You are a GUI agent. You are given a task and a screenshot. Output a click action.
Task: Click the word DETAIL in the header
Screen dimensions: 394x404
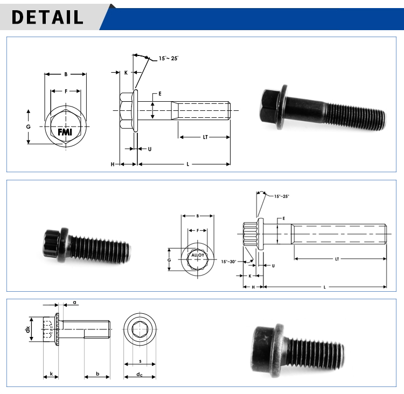47,17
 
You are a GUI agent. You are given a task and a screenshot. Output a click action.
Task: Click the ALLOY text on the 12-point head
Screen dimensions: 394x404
198,255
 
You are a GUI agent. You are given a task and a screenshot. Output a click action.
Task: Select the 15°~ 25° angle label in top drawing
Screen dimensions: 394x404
168,58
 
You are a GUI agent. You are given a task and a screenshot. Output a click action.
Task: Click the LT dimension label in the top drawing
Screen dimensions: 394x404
205,137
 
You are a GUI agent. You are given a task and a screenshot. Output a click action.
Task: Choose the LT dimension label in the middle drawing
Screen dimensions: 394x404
337,259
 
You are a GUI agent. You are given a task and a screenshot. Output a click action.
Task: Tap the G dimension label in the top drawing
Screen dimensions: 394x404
29,126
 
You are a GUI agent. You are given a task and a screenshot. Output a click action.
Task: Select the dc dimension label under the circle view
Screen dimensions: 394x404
139,374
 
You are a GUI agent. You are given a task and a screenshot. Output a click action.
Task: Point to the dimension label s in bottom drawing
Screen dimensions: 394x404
140,361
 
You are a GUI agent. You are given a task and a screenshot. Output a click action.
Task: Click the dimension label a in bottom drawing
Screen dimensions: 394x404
74,302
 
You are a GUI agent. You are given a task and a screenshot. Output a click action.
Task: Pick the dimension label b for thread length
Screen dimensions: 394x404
97,373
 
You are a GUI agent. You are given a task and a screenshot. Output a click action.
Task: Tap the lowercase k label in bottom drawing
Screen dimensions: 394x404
51,373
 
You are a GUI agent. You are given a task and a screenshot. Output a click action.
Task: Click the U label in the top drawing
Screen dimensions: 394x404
149,148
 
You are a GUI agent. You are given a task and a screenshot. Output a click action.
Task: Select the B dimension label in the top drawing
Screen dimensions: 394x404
65,74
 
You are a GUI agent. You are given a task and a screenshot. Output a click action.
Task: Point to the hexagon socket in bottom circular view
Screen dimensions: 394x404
140,329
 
